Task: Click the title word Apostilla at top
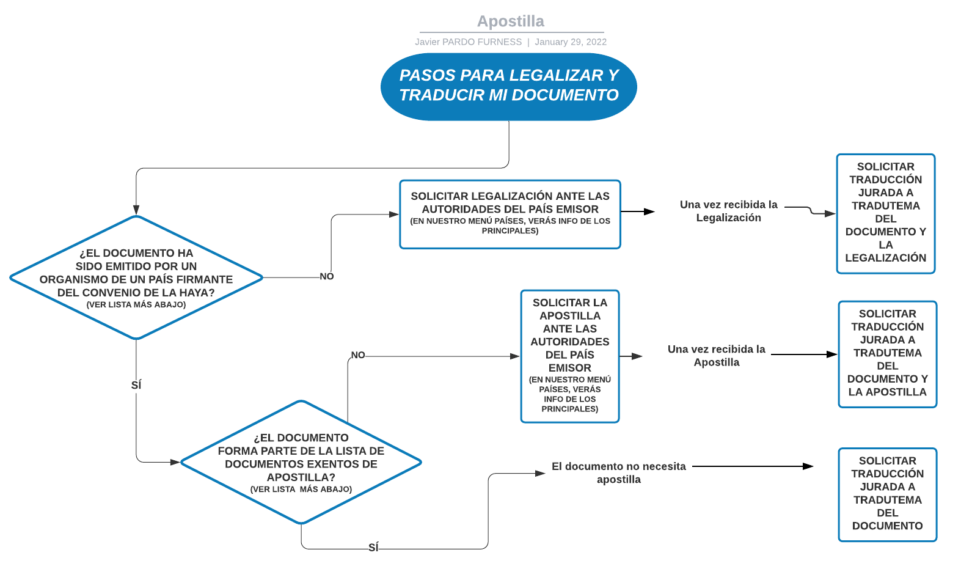pos(510,21)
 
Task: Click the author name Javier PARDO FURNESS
pos(468,42)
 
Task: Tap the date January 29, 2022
pos(570,42)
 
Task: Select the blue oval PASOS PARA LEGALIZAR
pos(509,86)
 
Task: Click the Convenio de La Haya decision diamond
pos(136,278)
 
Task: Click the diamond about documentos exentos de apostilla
pos(301,463)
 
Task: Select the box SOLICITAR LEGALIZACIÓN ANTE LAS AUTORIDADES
pos(510,214)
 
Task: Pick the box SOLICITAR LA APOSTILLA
pos(569,356)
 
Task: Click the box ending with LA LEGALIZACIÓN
pos(885,213)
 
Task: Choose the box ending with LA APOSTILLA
pos(887,353)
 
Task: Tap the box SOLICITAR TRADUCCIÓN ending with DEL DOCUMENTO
pos(887,494)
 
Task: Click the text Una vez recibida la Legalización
pos(728,211)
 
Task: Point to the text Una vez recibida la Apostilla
pos(716,356)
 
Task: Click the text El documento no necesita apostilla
pos(618,473)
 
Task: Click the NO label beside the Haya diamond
pos(327,277)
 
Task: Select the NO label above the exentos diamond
pos(358,355)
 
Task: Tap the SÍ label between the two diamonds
pos(136,385)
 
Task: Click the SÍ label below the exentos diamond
pos(373,548)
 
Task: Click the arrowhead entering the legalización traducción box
pos(830,214)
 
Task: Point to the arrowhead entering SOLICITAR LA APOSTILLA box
pos(515,356)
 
